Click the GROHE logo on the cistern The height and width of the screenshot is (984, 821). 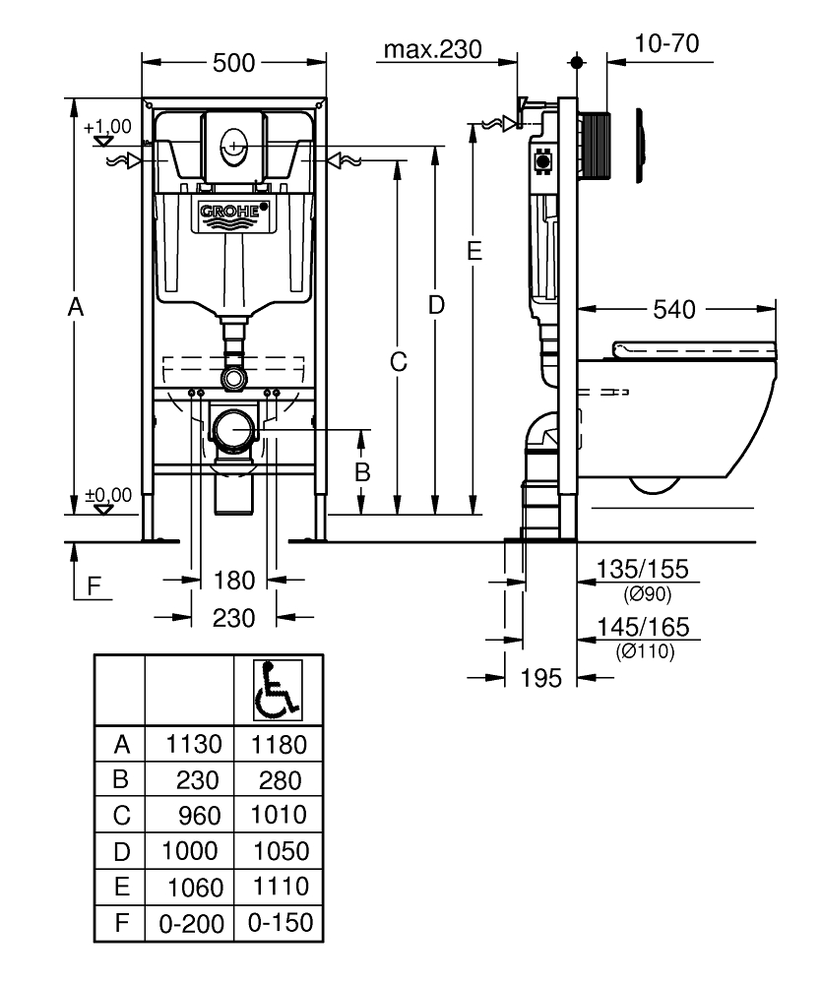click(234, 213)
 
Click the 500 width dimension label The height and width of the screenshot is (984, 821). click(234, 63)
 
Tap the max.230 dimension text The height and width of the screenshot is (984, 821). click(433, 49)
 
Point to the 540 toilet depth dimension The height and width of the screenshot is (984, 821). click(674, 310)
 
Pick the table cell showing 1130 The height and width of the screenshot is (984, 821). click(189, 744)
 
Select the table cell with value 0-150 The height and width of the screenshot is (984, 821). click(279, 923)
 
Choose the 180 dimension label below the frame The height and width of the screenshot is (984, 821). click(234, 580)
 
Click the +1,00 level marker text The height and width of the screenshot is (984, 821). click(107, 127)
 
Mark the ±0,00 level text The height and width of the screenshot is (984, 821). click(107, 494)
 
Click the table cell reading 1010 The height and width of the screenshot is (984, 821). click(279, 815)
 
